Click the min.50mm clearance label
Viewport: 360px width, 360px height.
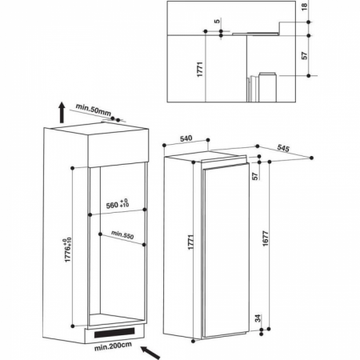pos(94,110)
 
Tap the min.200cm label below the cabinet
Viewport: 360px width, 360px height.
pos(113,346)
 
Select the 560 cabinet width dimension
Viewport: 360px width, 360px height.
pos(118,204)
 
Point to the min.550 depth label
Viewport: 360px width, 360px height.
pos(122,234)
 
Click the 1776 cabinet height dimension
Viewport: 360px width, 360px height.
pos(68,250)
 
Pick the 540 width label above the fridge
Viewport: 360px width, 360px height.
pos(186,138)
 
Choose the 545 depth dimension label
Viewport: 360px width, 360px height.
pos(283,148)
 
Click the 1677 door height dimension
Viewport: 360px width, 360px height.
pos(266,238)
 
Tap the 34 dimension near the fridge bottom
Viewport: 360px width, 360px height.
pos(258,318)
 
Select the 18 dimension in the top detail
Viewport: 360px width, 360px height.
pos(305,6)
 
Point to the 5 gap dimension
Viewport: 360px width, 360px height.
pos(218,21)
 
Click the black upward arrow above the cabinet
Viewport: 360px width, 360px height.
pos(62,112)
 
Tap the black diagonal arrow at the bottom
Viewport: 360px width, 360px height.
pos(150,353)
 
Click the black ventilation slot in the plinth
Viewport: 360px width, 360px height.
pos(114,332)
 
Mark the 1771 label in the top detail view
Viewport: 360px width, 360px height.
pos(200,70)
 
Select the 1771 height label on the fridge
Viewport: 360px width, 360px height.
pos(190,242)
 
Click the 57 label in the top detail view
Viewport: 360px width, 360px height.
pos(305,55)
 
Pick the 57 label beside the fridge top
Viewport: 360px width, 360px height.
pos(255,176)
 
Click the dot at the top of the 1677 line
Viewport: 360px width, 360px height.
pos(270,162)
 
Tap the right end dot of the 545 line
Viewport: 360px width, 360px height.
pos(311,158)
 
